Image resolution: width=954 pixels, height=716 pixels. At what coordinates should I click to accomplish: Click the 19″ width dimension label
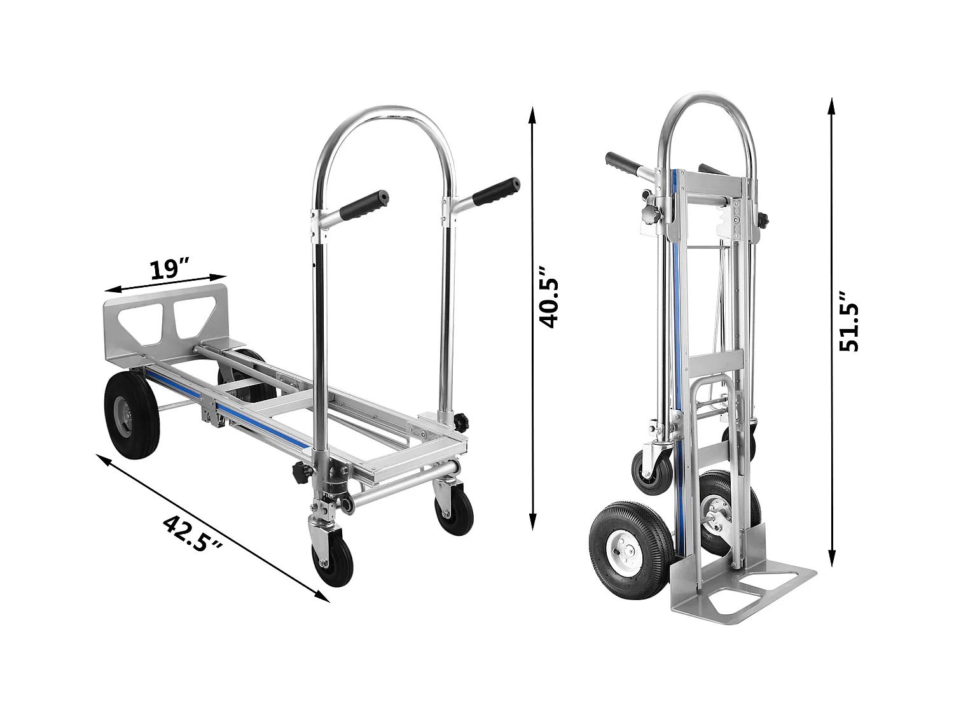click(170, 269)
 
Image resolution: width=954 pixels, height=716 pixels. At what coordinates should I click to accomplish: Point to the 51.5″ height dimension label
click(848, 322)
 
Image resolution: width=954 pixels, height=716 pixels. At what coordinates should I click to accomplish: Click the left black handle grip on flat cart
click(363, 205)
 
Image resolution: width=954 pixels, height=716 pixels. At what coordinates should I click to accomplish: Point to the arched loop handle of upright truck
click(707, 102)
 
